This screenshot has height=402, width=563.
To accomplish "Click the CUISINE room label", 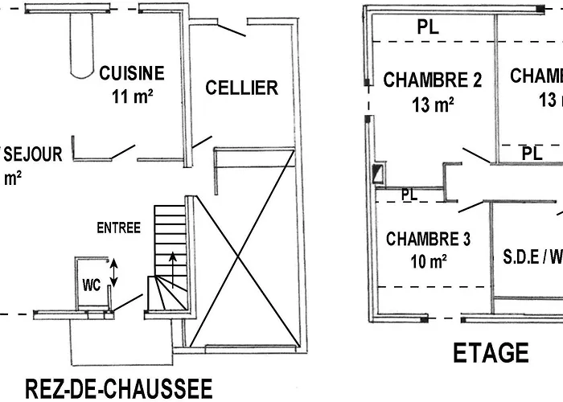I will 131,74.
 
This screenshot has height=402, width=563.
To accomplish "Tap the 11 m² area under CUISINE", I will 133,97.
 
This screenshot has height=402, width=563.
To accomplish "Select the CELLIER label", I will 241,88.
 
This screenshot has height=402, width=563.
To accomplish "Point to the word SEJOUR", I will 33,154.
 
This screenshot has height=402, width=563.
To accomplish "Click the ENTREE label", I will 119,228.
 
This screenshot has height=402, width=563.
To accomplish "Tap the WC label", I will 90,285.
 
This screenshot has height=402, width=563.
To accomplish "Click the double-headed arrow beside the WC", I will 114,273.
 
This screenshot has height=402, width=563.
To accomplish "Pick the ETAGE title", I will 491,353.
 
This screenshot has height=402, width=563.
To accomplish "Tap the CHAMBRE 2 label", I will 432,80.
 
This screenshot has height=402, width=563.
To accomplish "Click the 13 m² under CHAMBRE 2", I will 432,104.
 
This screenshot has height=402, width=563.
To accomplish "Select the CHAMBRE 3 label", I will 428,239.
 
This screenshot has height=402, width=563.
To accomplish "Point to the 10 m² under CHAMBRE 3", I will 428,261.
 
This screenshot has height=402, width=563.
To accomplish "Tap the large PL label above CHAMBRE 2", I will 429,27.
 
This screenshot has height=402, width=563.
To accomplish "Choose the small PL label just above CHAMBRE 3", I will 409,195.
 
